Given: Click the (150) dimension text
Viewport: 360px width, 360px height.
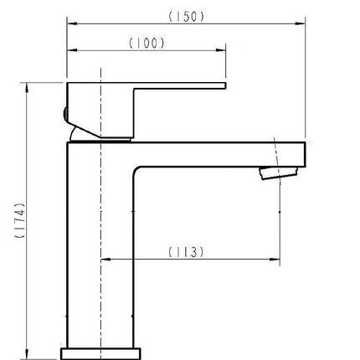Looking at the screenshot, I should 186,17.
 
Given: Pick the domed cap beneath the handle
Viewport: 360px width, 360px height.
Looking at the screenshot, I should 88,132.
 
